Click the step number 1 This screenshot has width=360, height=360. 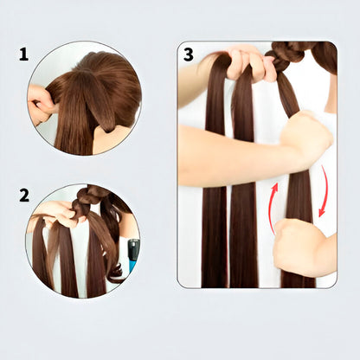23,55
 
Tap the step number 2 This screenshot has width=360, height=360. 23,195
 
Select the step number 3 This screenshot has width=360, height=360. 189,55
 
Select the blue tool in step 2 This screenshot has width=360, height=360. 132,254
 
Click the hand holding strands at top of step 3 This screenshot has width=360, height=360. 247,62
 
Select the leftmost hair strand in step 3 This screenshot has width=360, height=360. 214,216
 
